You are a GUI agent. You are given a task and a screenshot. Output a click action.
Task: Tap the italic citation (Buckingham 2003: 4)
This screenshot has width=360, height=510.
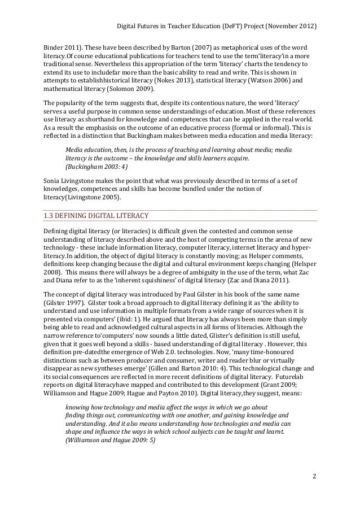pyautogui.click(x=96, y=167)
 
